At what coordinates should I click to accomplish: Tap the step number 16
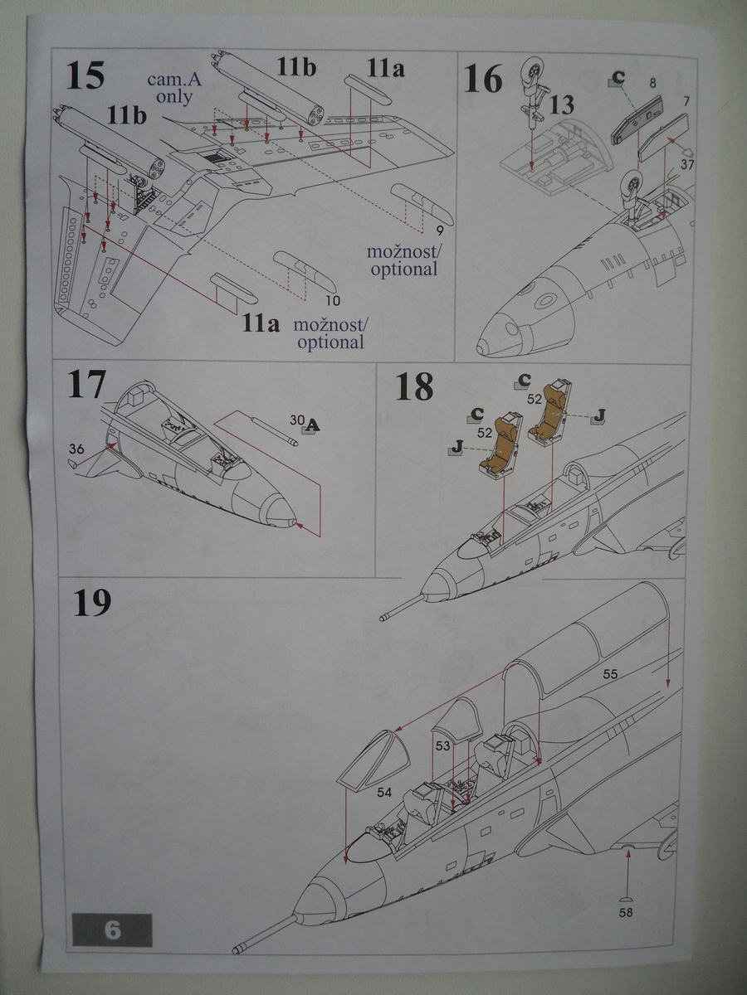[x=483, y=81]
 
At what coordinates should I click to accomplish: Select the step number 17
[x=87, y=386]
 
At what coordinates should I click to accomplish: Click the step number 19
[x=91, y=604]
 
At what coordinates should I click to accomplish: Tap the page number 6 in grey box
[x=113, y=929]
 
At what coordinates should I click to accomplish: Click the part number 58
[x=627, y=914]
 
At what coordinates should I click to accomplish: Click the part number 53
[x=443, y=746]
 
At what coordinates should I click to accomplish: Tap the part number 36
[x=77, y=449]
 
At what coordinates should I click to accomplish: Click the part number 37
[x=686, y=165]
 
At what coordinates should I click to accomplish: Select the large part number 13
[x=561, y=105]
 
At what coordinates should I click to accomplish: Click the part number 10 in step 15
[x=332, y=300]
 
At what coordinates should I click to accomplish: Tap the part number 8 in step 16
[x=652, y=83]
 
